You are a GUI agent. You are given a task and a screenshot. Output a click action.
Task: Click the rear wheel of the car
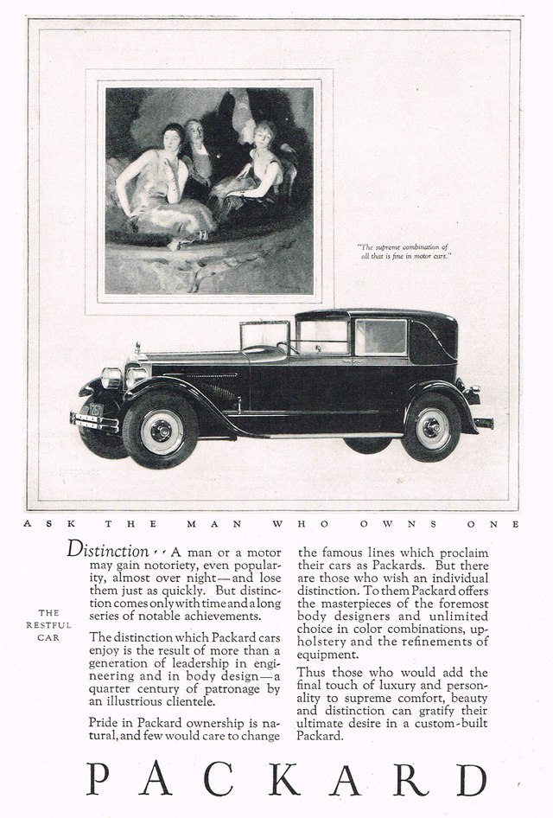(x=431, y=427)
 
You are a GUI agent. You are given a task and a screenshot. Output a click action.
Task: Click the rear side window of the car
(x=381, y=336)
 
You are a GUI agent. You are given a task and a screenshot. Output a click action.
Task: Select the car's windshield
(x=264, y=336)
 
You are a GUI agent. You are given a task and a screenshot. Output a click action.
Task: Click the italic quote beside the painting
(x=404, y=251)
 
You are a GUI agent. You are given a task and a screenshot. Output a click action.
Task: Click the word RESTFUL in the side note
(x=48, y=624)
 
